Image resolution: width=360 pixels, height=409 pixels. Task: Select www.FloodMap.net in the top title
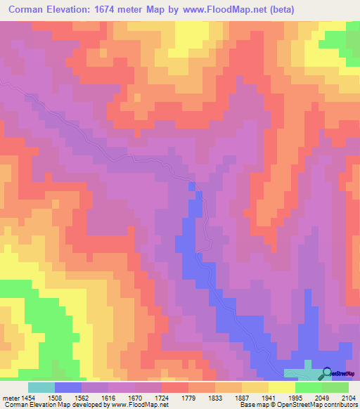point(219,9)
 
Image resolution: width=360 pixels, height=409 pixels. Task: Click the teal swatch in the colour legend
point(41,387)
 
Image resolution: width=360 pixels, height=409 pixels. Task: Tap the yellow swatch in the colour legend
point(281,387)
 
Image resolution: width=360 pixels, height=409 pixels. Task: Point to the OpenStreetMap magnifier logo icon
point(328,373)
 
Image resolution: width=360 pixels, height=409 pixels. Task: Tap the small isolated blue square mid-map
point(192,186)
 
